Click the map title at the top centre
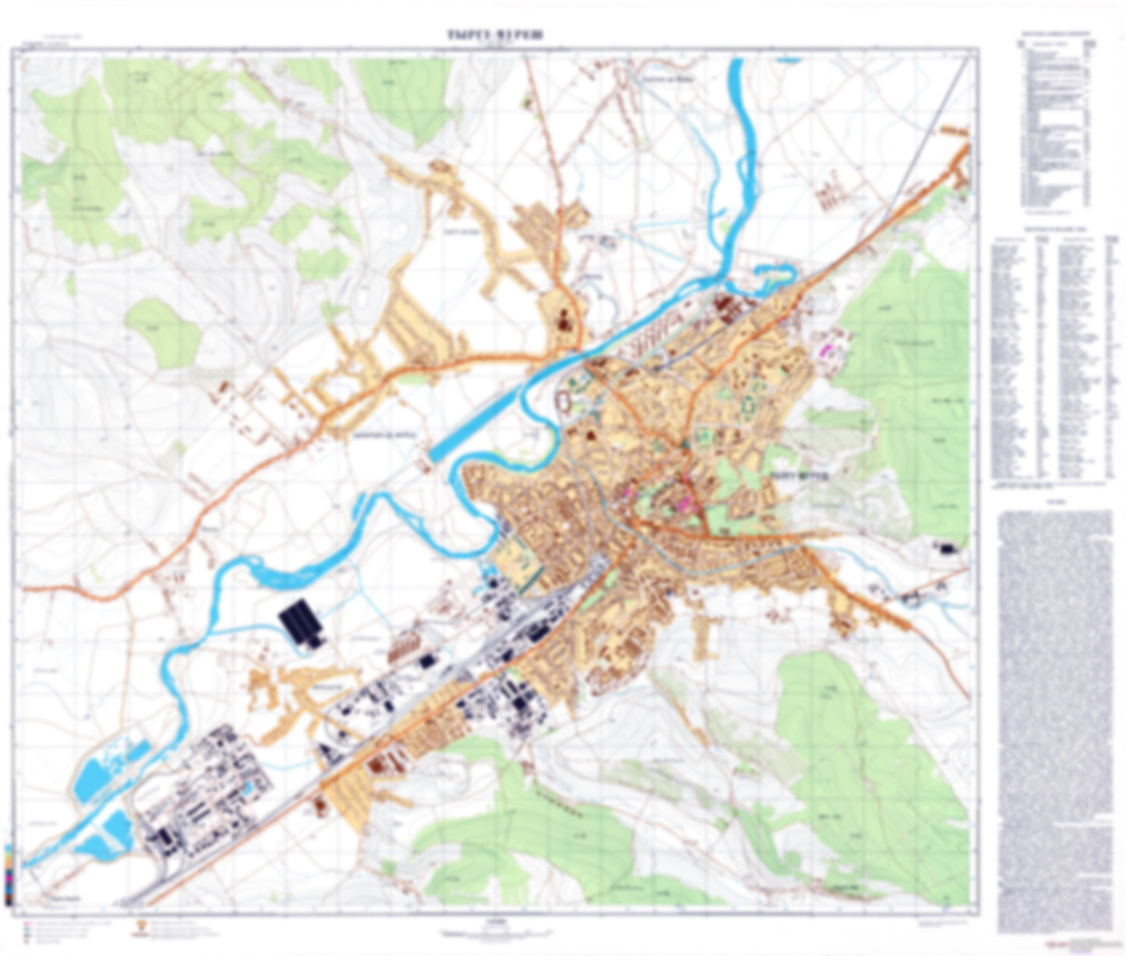click(495, 35)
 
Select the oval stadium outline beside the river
click(563, 401)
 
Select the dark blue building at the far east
click(948, 548)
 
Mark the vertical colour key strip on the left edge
click(8, 873)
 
